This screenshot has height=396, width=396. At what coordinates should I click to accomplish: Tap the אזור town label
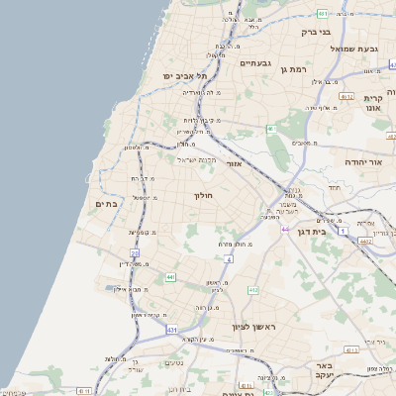pos(235,163)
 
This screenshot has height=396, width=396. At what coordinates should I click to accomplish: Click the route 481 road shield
pos(323,13)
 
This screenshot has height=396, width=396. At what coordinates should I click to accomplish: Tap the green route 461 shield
pos(270,128)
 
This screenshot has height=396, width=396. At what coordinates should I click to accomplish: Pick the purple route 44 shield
pos(284,229)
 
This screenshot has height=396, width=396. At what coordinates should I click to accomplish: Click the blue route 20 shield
pos(134,253)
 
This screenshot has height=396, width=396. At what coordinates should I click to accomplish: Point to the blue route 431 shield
pos(172,328)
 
